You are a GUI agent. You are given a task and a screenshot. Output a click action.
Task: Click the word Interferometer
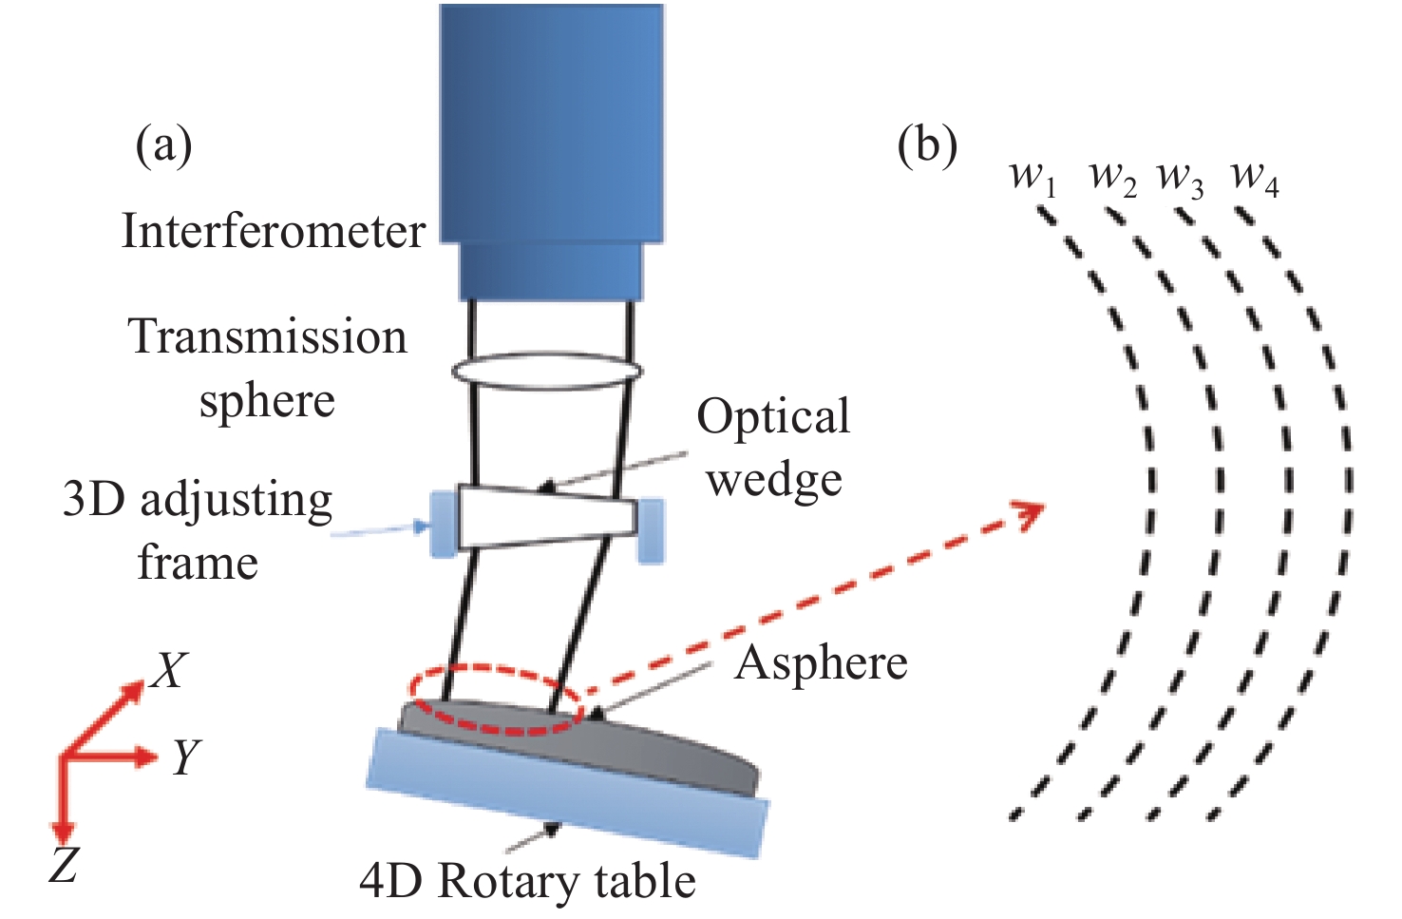[x=274, y=232]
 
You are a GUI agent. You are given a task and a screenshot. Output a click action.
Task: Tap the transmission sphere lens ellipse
[x=545, y=370]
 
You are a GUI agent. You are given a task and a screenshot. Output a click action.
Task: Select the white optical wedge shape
[x=547, y=517]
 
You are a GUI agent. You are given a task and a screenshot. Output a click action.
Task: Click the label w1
[x=1033, y=177]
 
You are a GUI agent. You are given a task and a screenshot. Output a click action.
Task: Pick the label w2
[x=1112, y=177]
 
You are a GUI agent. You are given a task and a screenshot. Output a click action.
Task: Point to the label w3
[x=1180, y=177]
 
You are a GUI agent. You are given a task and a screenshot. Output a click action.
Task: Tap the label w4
[x=1254, y=177]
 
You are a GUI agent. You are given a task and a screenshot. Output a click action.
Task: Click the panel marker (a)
[x=163, y=145]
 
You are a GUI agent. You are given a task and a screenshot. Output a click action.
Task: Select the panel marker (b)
[x=927, y=145]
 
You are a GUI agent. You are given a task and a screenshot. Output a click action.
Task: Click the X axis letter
[x=169, y=671]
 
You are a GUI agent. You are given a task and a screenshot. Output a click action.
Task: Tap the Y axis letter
[x=186, y=757]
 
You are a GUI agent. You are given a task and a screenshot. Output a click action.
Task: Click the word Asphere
[x=822, y=662]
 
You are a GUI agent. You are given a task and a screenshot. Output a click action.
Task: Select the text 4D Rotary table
[x=527, y=881]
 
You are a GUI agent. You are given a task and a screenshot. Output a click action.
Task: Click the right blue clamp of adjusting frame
[x=651, y=529]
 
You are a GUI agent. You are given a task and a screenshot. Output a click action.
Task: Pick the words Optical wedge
[x=773, y=447]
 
